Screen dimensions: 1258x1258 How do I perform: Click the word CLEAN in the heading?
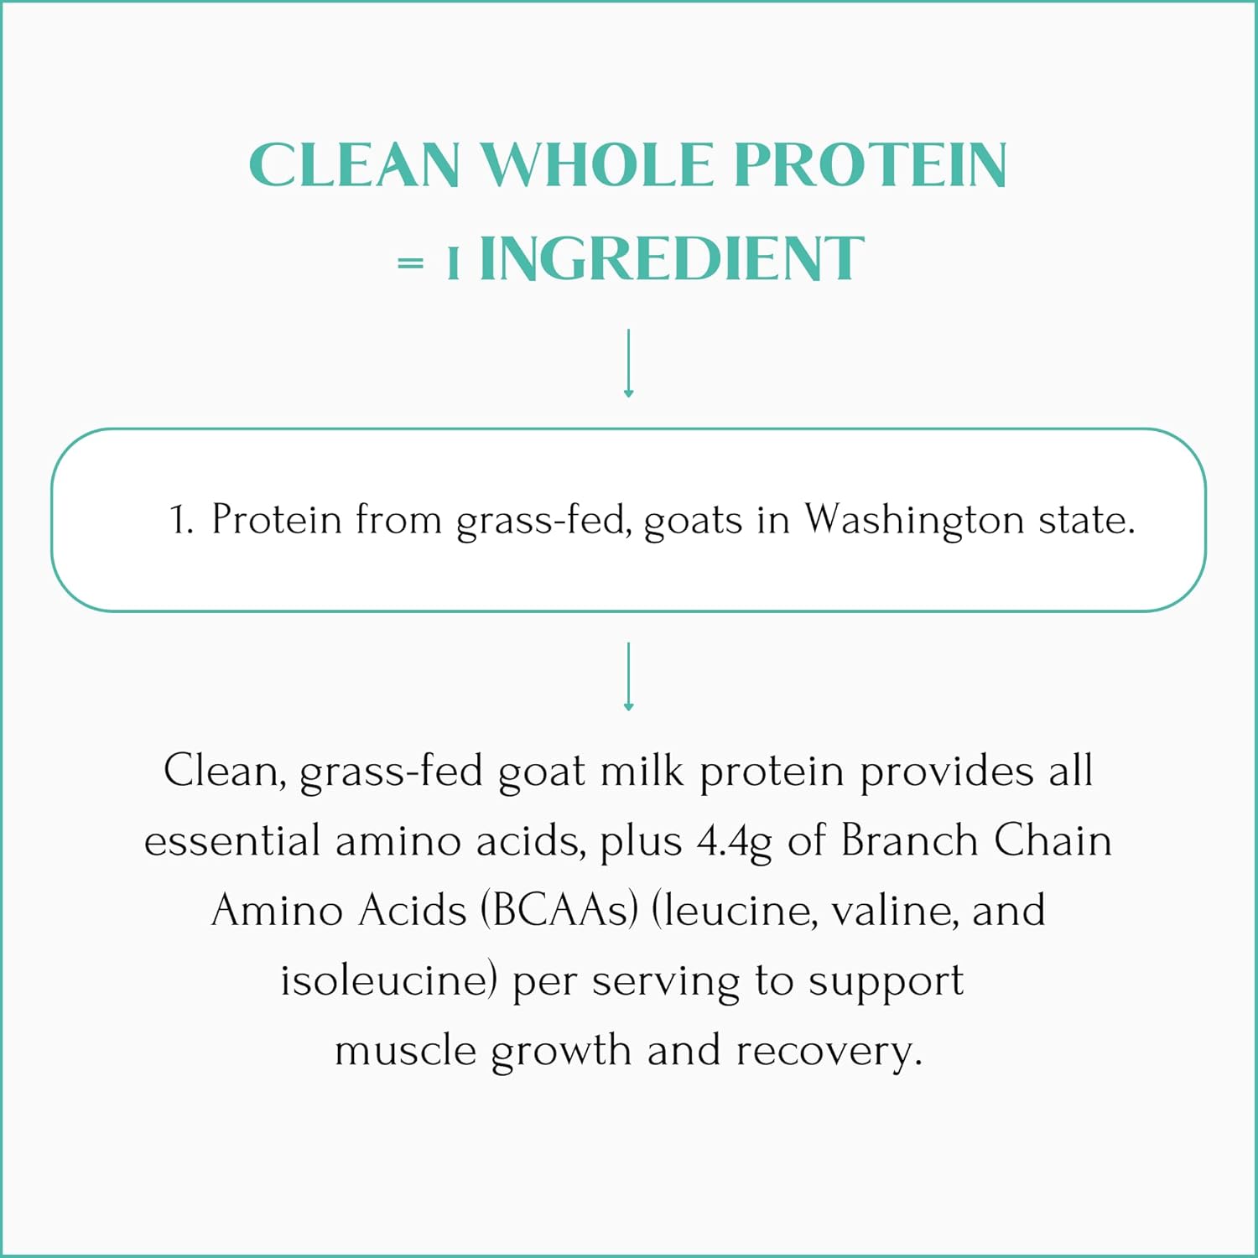pos(354,164)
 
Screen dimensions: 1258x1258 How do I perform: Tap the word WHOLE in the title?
pos(596,164)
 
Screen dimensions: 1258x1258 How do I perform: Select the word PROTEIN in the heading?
pos(870,164)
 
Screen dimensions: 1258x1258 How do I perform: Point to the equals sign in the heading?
pos(410,263)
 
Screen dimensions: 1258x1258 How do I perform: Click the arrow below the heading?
pos(628,363)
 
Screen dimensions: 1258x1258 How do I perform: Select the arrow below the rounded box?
pos(628,677)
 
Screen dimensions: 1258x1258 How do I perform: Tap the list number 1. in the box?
pos(181,520)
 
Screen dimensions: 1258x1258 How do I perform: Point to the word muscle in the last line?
pos(405,1051)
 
